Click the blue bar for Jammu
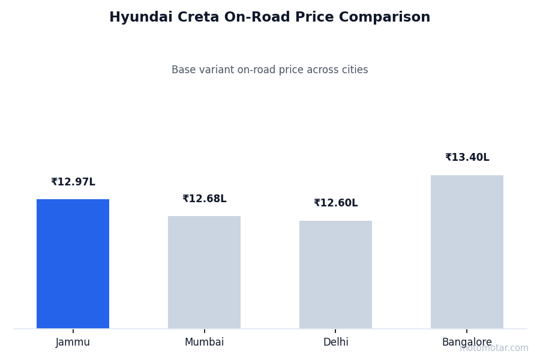[73, 264]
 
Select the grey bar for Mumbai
[204, 272]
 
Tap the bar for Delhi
[335, 275]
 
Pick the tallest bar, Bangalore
[467, 252]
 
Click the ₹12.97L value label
[73, 182]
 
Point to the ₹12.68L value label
[204, 199]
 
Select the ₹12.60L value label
[335, 203]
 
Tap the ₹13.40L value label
[467, 158]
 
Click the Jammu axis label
[73, 343]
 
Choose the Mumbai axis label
[204, 343]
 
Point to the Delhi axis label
[335, 343]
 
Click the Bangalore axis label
[467, 343]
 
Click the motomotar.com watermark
[494, 349]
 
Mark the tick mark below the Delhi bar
[335, 331]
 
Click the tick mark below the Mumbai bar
[204, 331]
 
